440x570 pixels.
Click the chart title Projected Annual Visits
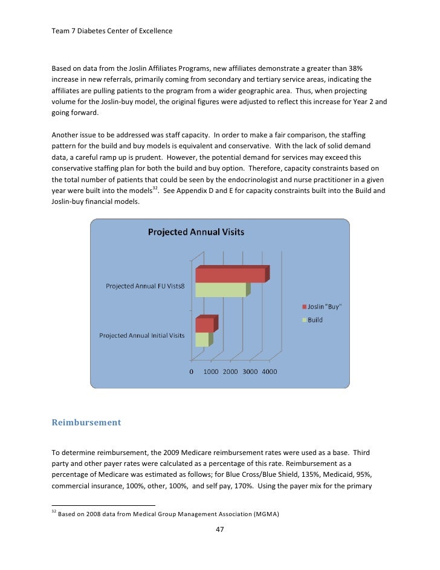196,232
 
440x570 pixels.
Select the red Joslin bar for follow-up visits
230,275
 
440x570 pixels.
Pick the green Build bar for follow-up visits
221,290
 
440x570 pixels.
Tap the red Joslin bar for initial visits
204,325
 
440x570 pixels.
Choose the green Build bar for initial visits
201,339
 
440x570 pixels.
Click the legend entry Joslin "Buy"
325,307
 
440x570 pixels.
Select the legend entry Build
315,319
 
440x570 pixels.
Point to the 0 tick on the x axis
192,372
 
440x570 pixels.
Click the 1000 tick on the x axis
210,372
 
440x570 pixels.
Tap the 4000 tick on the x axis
269,372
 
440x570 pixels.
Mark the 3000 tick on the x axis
250,372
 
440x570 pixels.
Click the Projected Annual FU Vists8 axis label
145,286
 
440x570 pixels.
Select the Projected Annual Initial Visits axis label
142,335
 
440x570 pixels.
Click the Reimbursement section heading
86,422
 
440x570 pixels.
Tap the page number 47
220,529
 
